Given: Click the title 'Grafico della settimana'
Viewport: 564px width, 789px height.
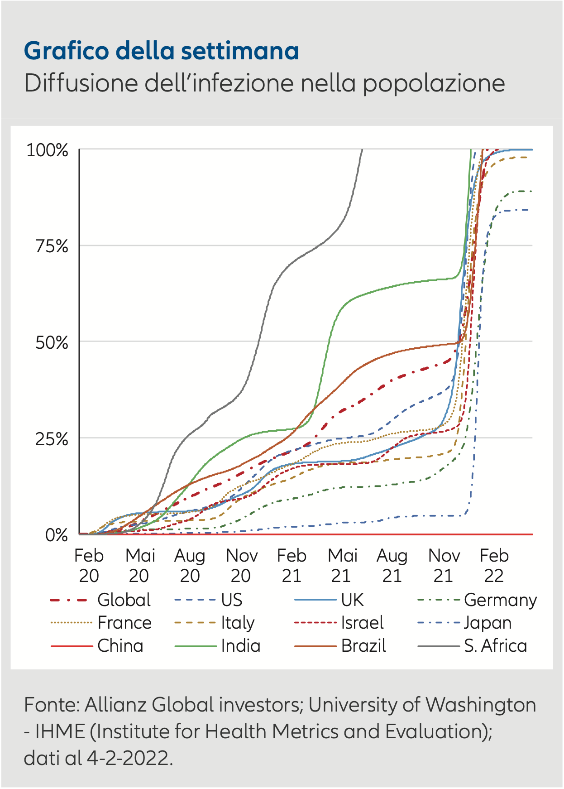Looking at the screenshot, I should coord(161,51).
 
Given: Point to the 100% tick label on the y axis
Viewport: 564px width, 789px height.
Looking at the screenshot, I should coord(48,150).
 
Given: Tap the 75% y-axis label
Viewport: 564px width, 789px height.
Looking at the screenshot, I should coord(52,247).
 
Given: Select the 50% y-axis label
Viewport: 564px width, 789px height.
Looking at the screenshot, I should coord(52,343).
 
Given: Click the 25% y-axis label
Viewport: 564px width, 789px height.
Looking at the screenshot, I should coord(52,439).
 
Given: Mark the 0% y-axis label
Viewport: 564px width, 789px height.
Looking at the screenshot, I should coord(57,535).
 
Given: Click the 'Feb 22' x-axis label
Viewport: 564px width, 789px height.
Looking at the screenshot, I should coord(494,566).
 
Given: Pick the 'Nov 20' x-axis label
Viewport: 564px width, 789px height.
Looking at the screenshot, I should coord(241,566).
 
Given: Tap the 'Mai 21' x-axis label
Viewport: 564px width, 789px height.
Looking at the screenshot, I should coord(342,566).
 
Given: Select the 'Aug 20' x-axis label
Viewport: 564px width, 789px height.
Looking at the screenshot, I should coord(190,566).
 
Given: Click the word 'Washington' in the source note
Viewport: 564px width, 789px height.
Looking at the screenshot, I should coord(481,705).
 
